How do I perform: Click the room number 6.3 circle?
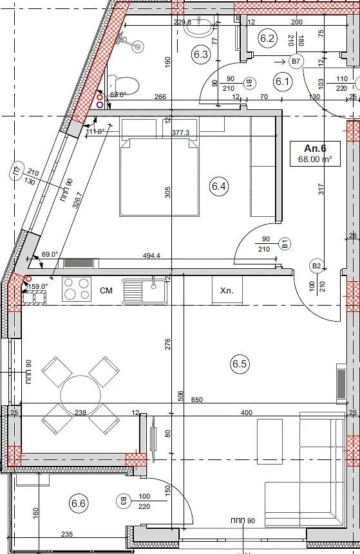tap(201, 55)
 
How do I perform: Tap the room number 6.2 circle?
tap(267, 38)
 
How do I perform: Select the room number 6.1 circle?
tap(282, 82)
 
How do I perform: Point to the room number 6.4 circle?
tap(219, 186)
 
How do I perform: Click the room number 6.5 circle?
tap(240, 364)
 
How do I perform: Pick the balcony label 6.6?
tap(78, 503)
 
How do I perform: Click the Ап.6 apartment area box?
tap(315, 153)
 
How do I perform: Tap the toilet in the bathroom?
tap(124, 84)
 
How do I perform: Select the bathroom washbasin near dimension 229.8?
tap(200, 27)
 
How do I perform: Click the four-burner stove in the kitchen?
tap(77, 289)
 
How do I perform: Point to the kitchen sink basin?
tap(145, 291)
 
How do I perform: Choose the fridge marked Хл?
tap(227, 291)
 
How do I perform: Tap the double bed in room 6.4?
tap(160, 177)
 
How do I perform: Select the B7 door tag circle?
tap(296, 62)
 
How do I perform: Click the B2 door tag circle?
tap(316, 266)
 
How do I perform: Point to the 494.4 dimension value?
tap(151, 255)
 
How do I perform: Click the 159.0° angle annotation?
tap(37, 286)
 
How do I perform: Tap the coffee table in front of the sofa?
tap(270, 437)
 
